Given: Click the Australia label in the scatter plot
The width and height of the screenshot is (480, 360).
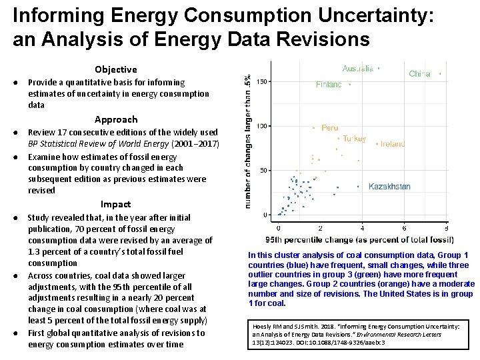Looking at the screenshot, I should click(357, 69).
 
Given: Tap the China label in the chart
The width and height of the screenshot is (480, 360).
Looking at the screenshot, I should click(419, 74).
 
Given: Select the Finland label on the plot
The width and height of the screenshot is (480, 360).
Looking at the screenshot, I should click(329, 85).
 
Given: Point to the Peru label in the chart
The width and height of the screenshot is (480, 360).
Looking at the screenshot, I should click(329, 127).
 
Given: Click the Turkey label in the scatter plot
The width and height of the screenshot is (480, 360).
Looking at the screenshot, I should click(354, 139).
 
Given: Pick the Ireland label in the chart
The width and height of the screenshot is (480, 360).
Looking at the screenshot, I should click(393, 143).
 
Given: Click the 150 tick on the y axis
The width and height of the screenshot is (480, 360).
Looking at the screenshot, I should click(262, 81).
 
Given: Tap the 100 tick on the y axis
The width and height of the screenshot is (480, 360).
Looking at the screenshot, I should click(262, 126).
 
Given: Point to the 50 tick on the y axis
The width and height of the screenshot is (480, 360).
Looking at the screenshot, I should click(264, 171).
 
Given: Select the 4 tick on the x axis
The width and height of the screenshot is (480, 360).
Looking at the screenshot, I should click(362, 228).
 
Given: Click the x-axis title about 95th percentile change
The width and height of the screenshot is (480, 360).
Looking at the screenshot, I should click(356, 239).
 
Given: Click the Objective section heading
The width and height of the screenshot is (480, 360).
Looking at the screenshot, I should click(115, 69).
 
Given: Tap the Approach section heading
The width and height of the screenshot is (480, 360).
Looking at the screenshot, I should click(116, 119).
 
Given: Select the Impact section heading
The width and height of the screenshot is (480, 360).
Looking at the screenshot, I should click(115, 204).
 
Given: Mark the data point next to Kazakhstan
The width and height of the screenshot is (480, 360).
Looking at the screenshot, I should click(359, 187).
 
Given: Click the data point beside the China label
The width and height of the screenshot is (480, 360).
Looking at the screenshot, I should click(440, 73).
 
